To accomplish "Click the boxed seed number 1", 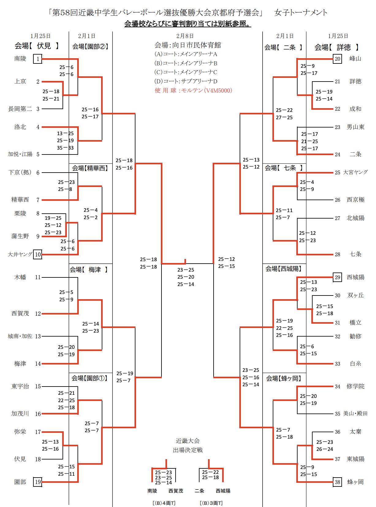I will tap(38, 59).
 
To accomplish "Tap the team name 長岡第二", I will tap(20, 109).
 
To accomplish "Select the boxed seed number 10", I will tap(38, 254).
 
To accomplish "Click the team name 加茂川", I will tap(20, 414).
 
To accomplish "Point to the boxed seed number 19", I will tap(38, 482).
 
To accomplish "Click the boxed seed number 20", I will tap(337, 59).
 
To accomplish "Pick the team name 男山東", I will tap(355, 127).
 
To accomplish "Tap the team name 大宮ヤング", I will tap(355, 172).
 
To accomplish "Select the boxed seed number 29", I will tap(337, 277).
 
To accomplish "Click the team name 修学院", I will tap(355, 386).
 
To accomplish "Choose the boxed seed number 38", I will tap(337, 482).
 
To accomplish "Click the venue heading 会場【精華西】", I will tap(90, 168).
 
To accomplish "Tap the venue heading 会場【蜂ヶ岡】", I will tap(283, 379).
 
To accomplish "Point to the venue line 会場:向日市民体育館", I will tap(188, 45).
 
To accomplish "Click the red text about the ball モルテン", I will tap(193, 90).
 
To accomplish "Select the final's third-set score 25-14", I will tap(186, 284).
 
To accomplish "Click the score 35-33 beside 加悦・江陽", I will tap(65, 148).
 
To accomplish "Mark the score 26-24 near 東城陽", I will tap(325, 449).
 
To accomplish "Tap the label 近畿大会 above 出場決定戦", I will tap(188, 441).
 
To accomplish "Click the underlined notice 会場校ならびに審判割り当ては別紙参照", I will tap(188, 24).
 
